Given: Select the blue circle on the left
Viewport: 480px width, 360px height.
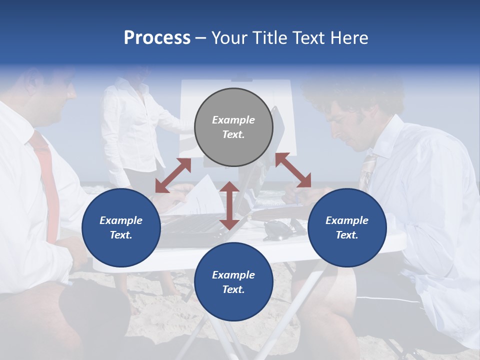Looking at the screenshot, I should tap(121, 227).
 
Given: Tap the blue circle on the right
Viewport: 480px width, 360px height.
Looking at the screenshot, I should tap(347, 227).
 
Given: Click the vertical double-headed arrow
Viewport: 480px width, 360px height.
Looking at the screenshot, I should tap(229, 205).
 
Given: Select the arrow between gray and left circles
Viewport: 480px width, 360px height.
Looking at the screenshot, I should tap(173, 175).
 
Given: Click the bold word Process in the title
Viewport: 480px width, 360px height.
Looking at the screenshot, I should tap(157, 37).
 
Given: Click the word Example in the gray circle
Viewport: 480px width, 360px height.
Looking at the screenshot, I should tap(233, 120).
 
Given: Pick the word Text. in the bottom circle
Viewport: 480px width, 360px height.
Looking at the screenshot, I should tap(233, 289).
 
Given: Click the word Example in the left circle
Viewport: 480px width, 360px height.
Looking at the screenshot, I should tap(121, 220).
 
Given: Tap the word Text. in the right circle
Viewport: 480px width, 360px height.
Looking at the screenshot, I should tap(347, 235).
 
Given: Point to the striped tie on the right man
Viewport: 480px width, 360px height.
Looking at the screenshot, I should tap(367, 170).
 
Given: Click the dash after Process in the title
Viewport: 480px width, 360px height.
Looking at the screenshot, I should tap(200, 38).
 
